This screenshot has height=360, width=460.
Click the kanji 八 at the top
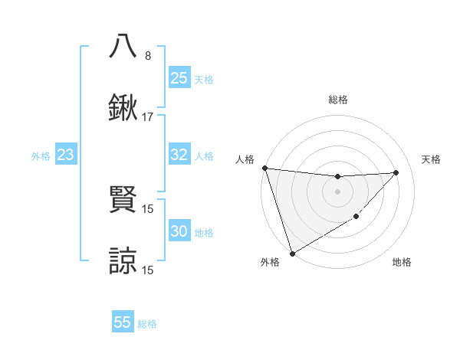(123, 45)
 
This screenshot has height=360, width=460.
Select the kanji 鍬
(123, 108)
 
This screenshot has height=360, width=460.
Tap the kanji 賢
(123, 200)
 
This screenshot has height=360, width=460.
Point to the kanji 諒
(123, 261)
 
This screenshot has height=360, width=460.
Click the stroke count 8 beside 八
(148, 56)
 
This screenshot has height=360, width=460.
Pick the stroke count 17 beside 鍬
(148, 117)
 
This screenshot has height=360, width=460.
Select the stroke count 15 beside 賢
(148, 208)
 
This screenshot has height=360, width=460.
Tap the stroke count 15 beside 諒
(148, 270)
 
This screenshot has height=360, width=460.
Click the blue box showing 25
(179, 78)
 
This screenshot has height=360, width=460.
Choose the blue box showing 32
(179, 155)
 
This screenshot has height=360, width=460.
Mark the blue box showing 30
(179, 231)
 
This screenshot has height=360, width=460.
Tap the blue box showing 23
(66, 155)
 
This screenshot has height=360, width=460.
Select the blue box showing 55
(123, 322)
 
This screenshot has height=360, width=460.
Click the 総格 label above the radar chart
(338, 100)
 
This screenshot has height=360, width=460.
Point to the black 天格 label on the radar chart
(432, 159)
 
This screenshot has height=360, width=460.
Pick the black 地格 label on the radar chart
(402, 262)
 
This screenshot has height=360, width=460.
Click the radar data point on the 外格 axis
(292, 253)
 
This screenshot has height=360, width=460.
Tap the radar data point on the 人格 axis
(264, 168)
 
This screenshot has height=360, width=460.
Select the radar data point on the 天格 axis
(396, 172)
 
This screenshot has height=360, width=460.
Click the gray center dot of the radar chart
(338, 191)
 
